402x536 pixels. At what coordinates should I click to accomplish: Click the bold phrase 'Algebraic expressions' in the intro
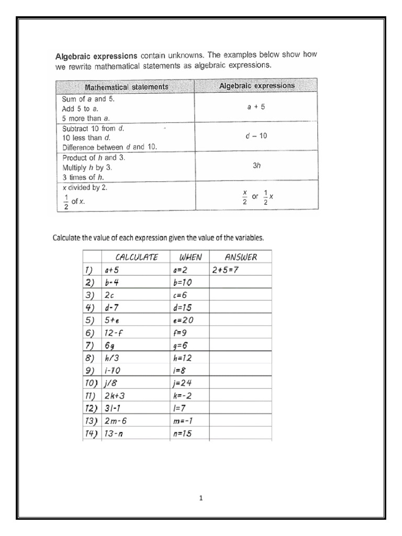[x=97, y=55]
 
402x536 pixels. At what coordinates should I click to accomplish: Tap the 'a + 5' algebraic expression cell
[x=256, y=107]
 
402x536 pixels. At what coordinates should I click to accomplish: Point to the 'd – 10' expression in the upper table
[x=256, y=136]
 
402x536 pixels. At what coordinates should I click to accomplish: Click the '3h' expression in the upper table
[x=256, y=165]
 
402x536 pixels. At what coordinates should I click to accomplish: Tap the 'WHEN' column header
[x=190, y=257]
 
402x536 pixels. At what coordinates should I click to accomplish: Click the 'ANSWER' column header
[x=240, y=257]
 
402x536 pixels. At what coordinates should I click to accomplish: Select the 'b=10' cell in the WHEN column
[x=183, y=283]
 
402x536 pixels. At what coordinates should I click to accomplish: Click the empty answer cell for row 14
[x=240, y=433]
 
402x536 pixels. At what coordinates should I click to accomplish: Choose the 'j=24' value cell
[x=183, y=383]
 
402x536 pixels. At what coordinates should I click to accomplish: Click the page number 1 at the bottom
[x=201, y=498]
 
